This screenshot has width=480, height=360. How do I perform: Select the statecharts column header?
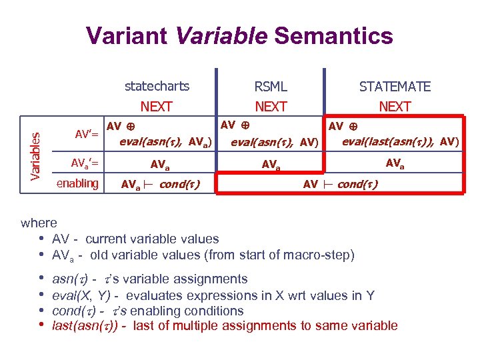[x=157, y=86]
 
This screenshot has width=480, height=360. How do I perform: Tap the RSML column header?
[x=271, y=87]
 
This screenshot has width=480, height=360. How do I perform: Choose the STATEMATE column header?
[x=395, y=87]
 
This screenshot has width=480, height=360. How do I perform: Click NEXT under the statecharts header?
[x=157, y=107]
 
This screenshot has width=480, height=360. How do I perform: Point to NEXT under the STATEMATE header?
[x=395, y=107]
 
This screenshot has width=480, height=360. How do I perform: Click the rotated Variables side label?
[x=39, y=153]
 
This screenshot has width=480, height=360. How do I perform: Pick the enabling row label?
[x=77, y=183]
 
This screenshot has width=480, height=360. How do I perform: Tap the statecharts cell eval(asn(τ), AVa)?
[x=166, y=141]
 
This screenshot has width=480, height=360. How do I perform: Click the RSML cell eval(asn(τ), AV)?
[x=274, y=141]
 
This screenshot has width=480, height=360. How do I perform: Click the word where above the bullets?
[x=39, y=223]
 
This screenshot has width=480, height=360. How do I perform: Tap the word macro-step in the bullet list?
[x=327, y=255]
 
